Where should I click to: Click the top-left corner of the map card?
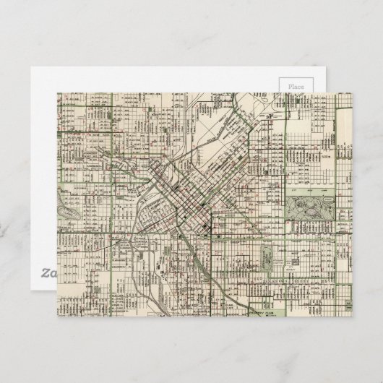click(x=58, y=92)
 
